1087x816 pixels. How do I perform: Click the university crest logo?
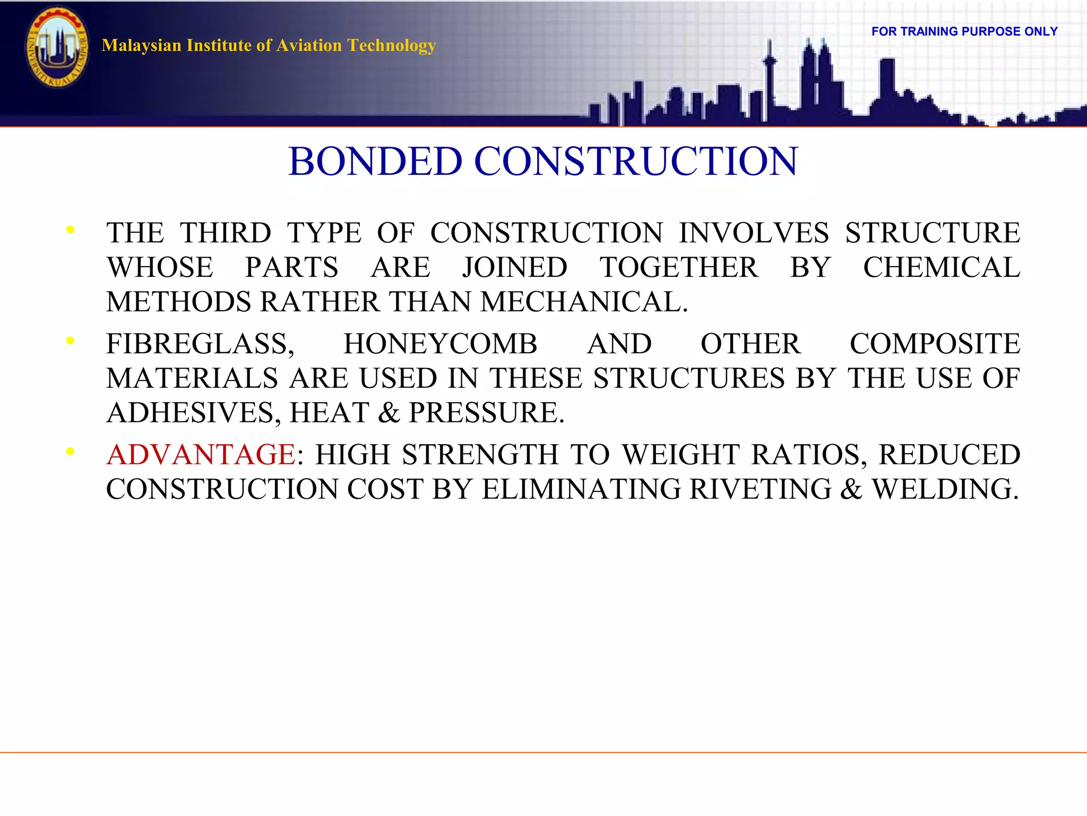pyautogui.click(x=57, y=47)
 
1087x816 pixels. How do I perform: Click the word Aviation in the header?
pyautogui.click(x=309, y=46)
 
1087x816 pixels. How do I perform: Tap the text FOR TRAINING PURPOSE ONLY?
pyautogui.click(x=964, y=31)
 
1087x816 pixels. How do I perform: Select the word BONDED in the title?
pyautogui.click(x=375, y=161)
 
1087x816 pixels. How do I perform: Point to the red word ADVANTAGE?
pyautogui.click(x=201, y=455)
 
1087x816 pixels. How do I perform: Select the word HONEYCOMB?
pyautogui.click(x=441, y=344)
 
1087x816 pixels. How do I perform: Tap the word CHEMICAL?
pyautogui.click(x=942, y=267)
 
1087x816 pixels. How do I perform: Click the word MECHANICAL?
pyautogui.click(x=584, y=302)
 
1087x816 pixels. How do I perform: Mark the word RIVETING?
pyautogui.click(x=760, y=489)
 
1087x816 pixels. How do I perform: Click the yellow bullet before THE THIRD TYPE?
pyautogui.click(x=70, y=230)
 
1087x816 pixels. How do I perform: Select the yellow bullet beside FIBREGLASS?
pyautogui.click(x=70, y=341)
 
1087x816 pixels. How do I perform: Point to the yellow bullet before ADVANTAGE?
pyautogui.click(x=70, y=452)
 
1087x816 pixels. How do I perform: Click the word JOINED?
pyautogui.click(x=515, y=267)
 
